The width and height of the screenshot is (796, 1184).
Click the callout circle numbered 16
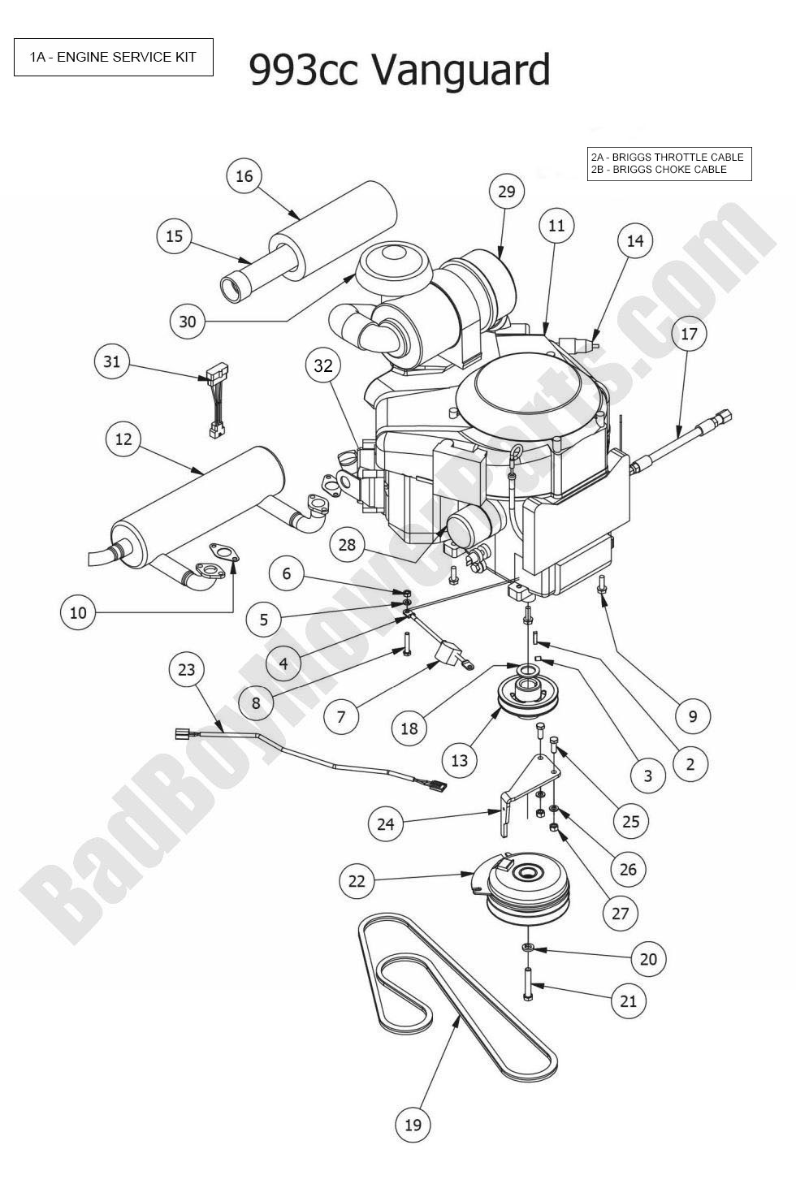(244, 176)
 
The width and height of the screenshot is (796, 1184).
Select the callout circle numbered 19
(413, 1124)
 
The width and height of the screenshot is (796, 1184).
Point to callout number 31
(112, 361)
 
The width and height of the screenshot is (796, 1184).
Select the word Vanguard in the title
(461, 70)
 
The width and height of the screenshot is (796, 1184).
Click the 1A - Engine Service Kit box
(114, 58)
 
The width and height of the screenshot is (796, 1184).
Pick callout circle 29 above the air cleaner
(506, 192)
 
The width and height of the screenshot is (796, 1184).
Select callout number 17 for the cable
(689, 334)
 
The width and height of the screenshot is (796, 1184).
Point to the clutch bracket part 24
(520, 800)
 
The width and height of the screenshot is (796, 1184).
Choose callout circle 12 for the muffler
(123, 439)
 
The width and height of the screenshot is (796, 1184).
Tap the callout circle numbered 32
(323, 365)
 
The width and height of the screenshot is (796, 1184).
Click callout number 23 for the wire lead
(187, 669)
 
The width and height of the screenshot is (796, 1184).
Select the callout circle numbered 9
(693, 715)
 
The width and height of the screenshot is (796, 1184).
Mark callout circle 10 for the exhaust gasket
(78, 611)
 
